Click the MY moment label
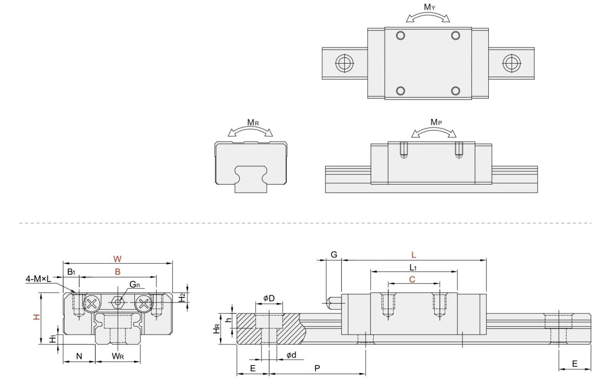click(x=430, y=7)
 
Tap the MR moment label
click(x=253, y=122)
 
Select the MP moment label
click(x=436, y=122)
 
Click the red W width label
click(x=117, y=259)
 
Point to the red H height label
click(x=36, y=317)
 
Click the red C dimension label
click(x=412, y=279)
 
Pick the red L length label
click(x=414, y=255)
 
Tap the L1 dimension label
click(x=413, y=268)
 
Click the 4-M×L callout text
click(x=38, y=279)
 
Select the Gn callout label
click(x=134, y=284)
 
